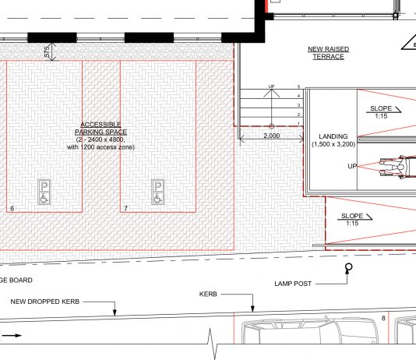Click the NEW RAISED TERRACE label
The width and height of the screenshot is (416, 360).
click(328, 53)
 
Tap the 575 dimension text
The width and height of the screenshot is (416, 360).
click(47, 51)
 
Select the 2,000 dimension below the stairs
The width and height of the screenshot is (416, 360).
click(271, 136)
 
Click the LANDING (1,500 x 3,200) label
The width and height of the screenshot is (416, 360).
click(333, 140)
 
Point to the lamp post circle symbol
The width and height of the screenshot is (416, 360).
click(349, 266)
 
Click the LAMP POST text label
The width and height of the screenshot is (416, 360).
click(293, 284)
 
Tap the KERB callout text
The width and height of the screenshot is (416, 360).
click(208, 295)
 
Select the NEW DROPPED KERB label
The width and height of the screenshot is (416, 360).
click(45, 302)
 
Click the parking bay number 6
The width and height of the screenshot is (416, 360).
click(12, 209)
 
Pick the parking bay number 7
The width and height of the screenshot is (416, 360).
click(125, 209)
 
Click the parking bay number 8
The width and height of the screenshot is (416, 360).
click(383, 318)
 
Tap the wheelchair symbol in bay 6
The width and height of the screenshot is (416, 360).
click(44, 198)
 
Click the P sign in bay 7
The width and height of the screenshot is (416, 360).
click(158, 186)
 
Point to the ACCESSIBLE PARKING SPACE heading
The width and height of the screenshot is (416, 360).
click(100, 128)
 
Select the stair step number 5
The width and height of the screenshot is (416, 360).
click(298, 86)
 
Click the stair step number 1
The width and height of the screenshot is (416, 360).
click(298, 124)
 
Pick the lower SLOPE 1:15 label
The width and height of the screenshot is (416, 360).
click(354, 220)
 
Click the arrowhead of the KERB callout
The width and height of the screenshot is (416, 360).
click(252, 309)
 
